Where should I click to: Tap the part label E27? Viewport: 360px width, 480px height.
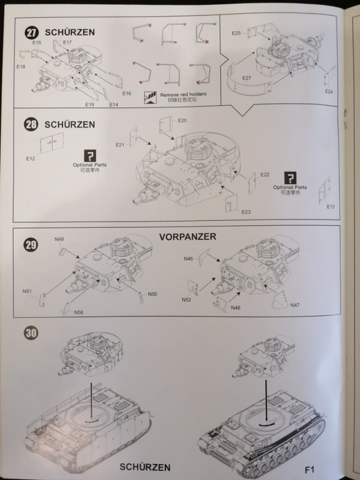click(x=246, y=78)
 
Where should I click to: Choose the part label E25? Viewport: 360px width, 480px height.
click(x=236, y=34)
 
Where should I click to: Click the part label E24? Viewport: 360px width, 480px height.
click(x=329, y=92)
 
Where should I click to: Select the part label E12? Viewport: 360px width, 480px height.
click(x=30, y=159)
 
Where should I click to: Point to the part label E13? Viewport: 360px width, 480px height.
click(x=330, y=207)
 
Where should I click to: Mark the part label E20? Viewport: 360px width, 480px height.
click(x=182, y=121)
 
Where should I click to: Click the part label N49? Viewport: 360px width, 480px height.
click(x=59, y=239)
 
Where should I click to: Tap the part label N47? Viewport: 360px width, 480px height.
click(x=295, y=305)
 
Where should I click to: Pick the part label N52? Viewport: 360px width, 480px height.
click(x=186, y=300)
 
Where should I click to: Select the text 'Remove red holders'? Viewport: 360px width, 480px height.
click(x=183, y=94)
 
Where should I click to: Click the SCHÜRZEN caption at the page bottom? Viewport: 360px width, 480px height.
click(x=145, y=467)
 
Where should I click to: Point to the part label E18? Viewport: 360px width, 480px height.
click(x=21, y=67)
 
